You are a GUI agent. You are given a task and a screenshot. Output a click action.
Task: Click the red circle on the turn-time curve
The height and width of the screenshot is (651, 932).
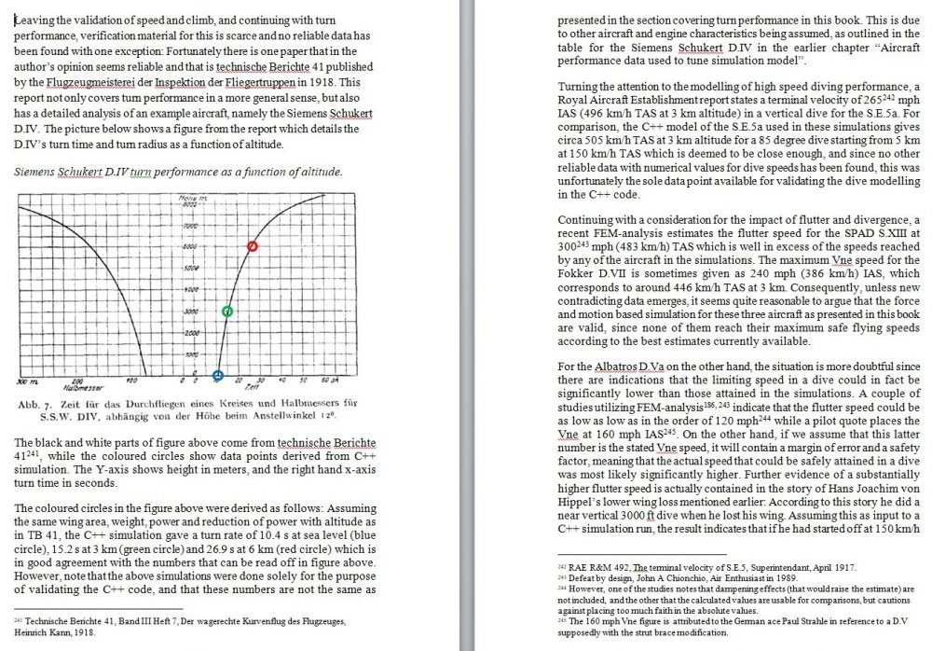click(x=252, y=246)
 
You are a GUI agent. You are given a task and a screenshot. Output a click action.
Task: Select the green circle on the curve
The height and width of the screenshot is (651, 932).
click(x=228, y=312)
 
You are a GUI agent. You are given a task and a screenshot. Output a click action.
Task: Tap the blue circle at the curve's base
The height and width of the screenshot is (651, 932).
click(x=218, y=376)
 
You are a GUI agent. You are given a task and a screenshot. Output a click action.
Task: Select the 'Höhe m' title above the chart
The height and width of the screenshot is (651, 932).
click(x=190, y=201)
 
